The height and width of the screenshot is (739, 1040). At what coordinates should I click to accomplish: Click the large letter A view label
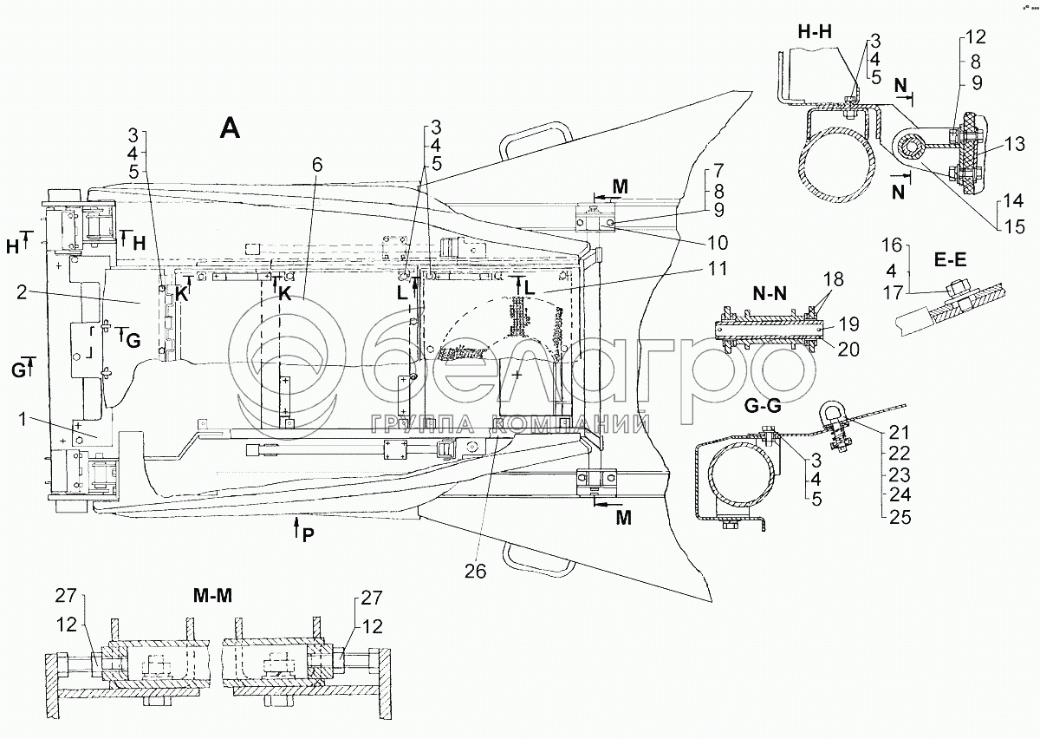(x=230, y=128)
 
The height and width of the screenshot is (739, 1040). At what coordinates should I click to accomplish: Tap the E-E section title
(x=950, y=260)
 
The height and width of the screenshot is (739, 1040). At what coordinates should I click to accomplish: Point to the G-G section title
(x=763, y=406)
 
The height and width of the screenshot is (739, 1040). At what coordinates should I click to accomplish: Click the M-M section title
(x=212, y=595)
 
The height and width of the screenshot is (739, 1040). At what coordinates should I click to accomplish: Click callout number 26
(x=476, y=572)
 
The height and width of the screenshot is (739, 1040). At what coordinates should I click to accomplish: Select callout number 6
(x=316, y=165)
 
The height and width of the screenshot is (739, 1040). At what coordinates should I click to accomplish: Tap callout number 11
(x=718, y=269)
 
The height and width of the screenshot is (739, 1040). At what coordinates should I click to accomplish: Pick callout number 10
(x=718, y=242)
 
